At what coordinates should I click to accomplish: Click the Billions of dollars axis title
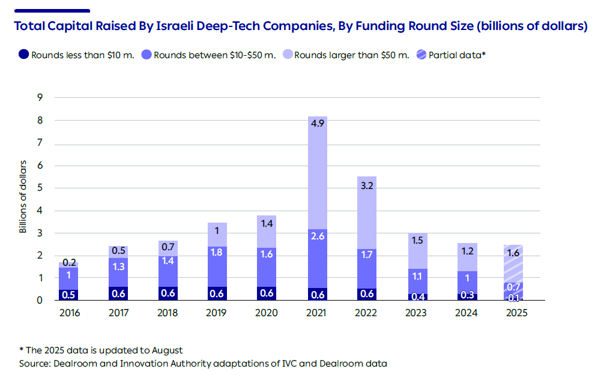(23, 197)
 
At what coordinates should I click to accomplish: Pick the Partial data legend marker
(422, 55)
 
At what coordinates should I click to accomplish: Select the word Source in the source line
(35, 363)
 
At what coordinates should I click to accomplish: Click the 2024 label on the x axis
(465, 313)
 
